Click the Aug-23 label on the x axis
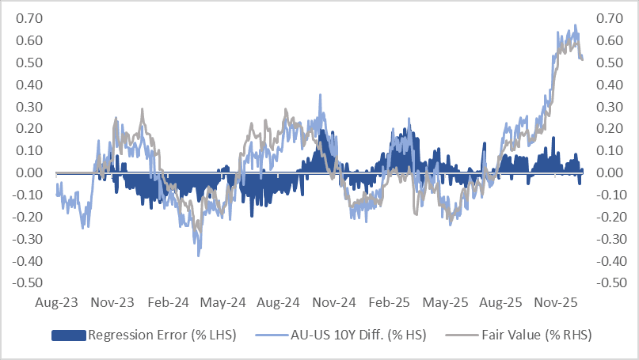click(x=55, y=302)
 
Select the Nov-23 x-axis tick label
click(x=112, y=302)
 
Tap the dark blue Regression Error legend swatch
click(x=69, y=335)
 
